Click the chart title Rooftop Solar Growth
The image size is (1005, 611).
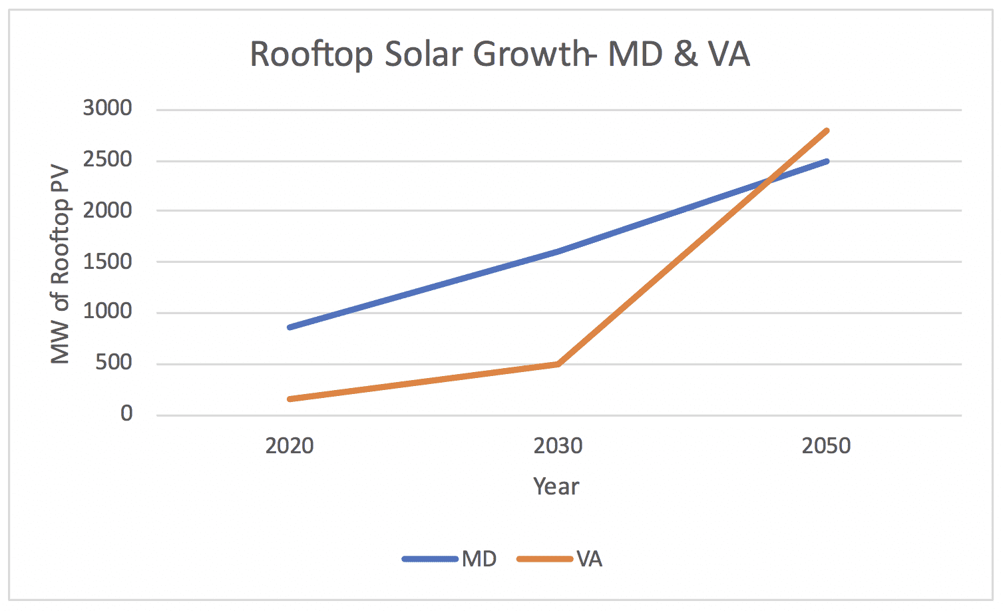tap(499, 54)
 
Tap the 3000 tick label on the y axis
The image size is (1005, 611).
tap(107, 108)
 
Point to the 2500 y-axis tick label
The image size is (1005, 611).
tap(107, 160)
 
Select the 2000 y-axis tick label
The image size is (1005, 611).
tap(107, 210)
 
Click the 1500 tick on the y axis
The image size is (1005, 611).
tap(107, 262)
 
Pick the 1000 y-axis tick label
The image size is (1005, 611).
tap(107, 311)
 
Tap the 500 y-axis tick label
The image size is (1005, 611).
tap(114, 363)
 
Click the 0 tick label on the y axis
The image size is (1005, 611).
tap(126, 414)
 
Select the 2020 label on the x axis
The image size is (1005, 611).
tap(290, 445)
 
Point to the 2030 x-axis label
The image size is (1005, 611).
tap(558, 445)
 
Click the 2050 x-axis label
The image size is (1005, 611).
tap(826, 445)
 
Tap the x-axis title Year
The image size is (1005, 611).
tap(556, 487)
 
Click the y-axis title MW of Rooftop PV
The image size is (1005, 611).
tap(61, 264)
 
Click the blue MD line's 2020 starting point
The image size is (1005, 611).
tap(290, 327)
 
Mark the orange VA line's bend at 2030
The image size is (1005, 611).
tap(558, 364)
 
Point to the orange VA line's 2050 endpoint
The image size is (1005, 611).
tap(827, 130)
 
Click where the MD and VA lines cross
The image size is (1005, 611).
tap(769, 180)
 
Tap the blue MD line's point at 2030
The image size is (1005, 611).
tap(558, 252)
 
